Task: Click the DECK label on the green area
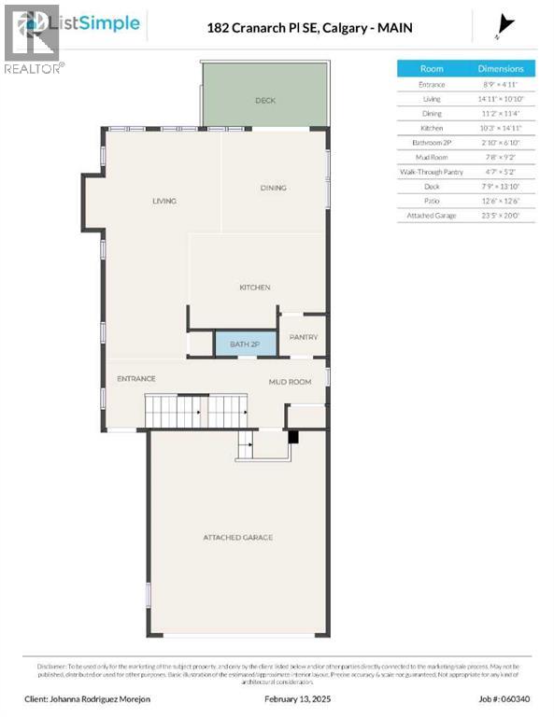(265, 101)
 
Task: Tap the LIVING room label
(164, 201)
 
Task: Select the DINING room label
(273, 188)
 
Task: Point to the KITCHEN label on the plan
(254, 288)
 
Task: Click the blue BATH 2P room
(246, 344)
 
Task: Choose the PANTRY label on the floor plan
(304, 337)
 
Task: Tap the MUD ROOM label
(290, 382)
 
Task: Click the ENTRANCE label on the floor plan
(135, 378)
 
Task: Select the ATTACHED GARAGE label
(238, 538)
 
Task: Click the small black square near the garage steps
(292, 436)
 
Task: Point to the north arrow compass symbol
(506, 26)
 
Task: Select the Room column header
(432, 69)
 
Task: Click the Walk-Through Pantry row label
(432, 172)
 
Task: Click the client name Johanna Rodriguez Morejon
(98, 697)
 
